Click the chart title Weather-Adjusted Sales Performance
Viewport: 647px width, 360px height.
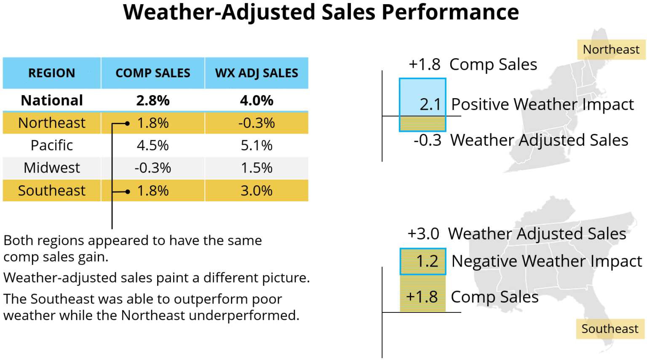pyautogui.click(x=321, y=12)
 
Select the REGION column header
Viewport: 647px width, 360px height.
pyautogui.click(x=51, y=73)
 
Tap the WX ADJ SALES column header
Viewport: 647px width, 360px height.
pyautogui.click(x=257, y=73)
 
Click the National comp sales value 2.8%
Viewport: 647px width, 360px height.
pyautogui.click(x=152, y=101)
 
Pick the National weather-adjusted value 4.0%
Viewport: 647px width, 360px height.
pyautogui.click(x=257, y=101)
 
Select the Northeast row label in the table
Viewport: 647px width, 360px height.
pyautogui.click(x=51, y=123)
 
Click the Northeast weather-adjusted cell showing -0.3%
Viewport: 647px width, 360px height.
pyautogui.click(x=257, y=123)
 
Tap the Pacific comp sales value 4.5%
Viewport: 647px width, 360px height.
pyautogui.click(x=152, y=145)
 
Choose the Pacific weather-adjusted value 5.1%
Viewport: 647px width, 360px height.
pyautogui.click(x=257, y=145)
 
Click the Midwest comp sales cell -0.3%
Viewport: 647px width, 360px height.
pyautogui.click(x=152, y=168)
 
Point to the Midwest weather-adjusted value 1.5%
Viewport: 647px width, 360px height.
pyautogui.click(x=257, y=168)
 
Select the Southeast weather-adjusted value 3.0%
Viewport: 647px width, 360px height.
pyautogui.click(x=257, y=191)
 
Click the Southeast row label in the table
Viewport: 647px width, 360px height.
pyautogui.click(x=51, y=191)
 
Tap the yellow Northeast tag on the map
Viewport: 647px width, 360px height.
pyautogui.click(x=611, y=50)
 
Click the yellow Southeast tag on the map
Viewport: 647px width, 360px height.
pyautogui.click(x=610, y=329)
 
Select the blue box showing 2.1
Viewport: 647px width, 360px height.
pyautogui.click(x=422, y=98)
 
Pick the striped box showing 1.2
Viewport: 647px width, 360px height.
pyautogui.click(x=422, y=261)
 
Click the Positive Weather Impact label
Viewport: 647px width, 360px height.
pyautogui.click(x=542, y=104)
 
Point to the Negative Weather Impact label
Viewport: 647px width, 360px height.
pyautogui.click(x=546, y=261)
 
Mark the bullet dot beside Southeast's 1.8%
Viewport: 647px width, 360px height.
pyautogui.click(x=128, y=192)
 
